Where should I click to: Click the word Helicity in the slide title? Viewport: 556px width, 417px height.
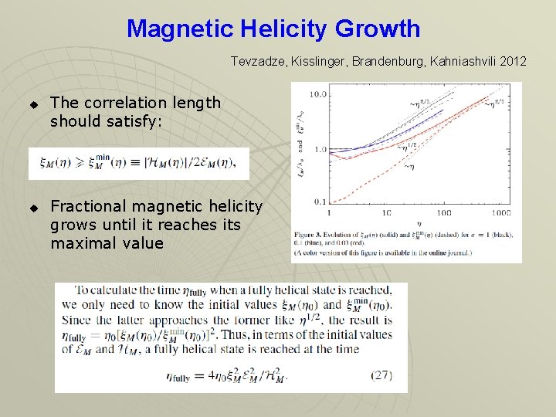(283, 29)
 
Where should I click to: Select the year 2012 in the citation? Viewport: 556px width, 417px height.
(514, 61)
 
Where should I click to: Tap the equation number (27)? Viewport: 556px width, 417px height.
(381, 376)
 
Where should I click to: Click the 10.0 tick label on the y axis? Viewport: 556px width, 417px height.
(317, 94)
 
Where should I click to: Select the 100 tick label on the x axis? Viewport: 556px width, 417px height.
(442, 212)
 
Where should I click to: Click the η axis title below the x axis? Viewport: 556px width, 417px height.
(414, 222)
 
